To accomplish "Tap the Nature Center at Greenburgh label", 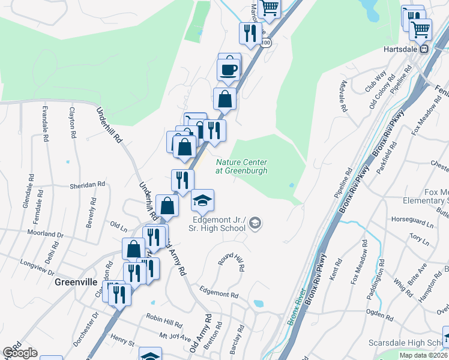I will (241, 166).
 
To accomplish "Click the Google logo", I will (20, 353).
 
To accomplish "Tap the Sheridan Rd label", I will (88, 185).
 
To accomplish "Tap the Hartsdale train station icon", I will (424, 50).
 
